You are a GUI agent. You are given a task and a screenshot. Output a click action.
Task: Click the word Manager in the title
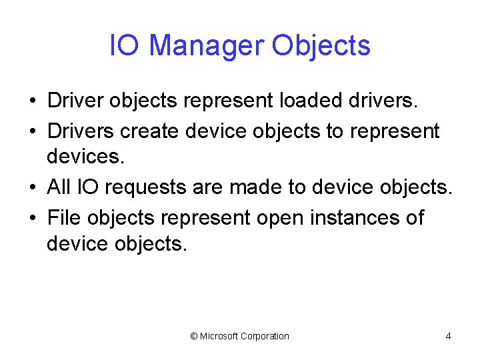point(206,46)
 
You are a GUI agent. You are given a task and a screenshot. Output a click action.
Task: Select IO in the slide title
point(125,46)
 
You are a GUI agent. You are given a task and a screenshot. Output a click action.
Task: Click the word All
point(59,187)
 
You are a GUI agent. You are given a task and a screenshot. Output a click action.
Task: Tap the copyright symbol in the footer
point(194,336)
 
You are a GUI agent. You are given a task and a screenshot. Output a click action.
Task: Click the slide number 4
point(448,336)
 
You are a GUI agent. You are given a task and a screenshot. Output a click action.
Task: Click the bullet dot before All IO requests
point(32,189)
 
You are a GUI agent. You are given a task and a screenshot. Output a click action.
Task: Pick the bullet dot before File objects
point(32,218)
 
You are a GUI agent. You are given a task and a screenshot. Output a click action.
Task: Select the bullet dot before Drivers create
point(32,132)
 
